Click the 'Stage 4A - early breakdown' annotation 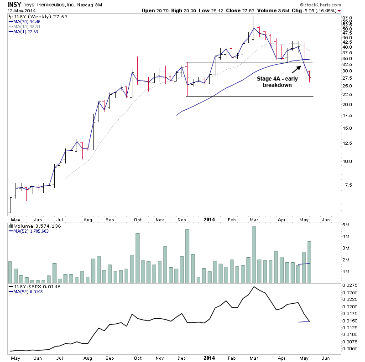[x=274, y=82]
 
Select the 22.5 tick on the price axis [x=347, y=95]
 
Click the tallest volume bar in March [x=254, y=254]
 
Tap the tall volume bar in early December [x=187, y=255]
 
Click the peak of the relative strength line [x=254, y=287]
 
